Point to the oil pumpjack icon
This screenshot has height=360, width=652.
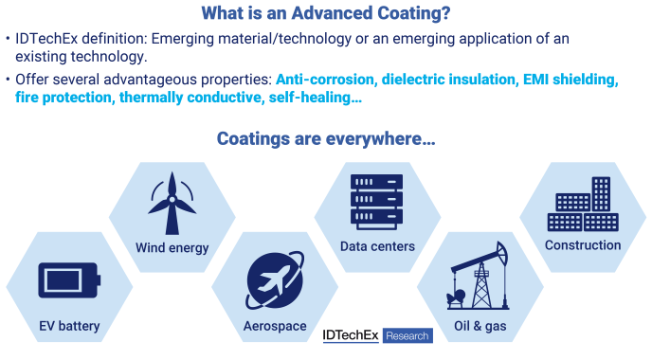click(477, 276)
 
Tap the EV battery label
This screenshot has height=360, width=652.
click(69, 327)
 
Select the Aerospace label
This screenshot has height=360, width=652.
click(274, 327)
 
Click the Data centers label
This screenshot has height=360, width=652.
click(377, 247)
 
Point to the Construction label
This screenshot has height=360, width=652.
click(583, 245)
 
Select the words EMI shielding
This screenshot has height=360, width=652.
click(570, 80)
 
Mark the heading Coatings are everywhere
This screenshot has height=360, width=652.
click(326, 139)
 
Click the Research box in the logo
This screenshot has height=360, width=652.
click(408, 335)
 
